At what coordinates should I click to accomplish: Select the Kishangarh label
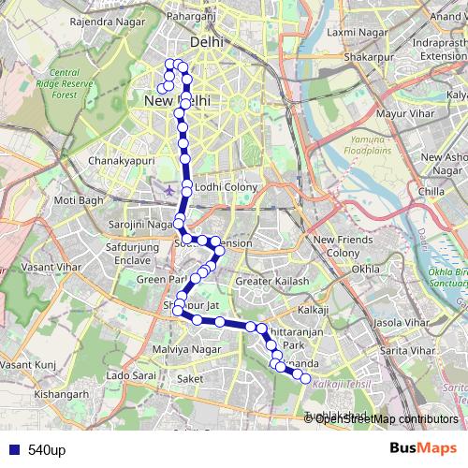pos(40,394)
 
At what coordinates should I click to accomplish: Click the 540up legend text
pos(47,450)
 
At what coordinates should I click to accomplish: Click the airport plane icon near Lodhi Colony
pos(168,191)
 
